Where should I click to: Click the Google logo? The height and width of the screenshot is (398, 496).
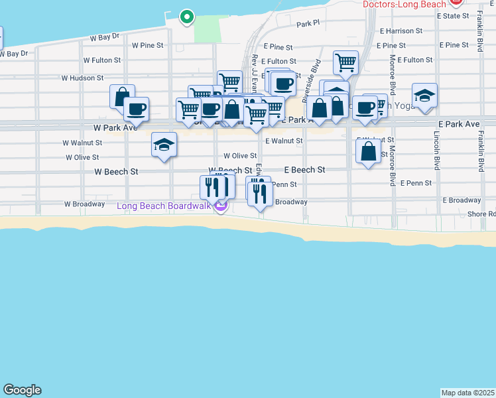coord(22,390)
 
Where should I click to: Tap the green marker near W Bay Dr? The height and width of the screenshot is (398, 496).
coord(187,17)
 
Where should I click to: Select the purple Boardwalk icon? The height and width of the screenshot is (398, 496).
coord(221,206)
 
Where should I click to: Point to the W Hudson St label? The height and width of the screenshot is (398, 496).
coord(82,78)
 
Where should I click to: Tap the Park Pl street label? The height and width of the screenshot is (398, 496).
coord(308,24)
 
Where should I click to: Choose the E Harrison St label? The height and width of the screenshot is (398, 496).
coord(401,31)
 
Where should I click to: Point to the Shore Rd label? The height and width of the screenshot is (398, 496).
coord(481,214)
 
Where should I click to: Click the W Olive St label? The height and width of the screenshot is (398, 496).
coord(82,158)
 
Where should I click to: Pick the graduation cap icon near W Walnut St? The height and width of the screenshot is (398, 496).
coord(164,145)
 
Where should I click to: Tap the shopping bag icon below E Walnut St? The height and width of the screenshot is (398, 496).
coord(368,151)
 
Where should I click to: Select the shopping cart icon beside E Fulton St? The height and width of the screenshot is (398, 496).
coord(345,64)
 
